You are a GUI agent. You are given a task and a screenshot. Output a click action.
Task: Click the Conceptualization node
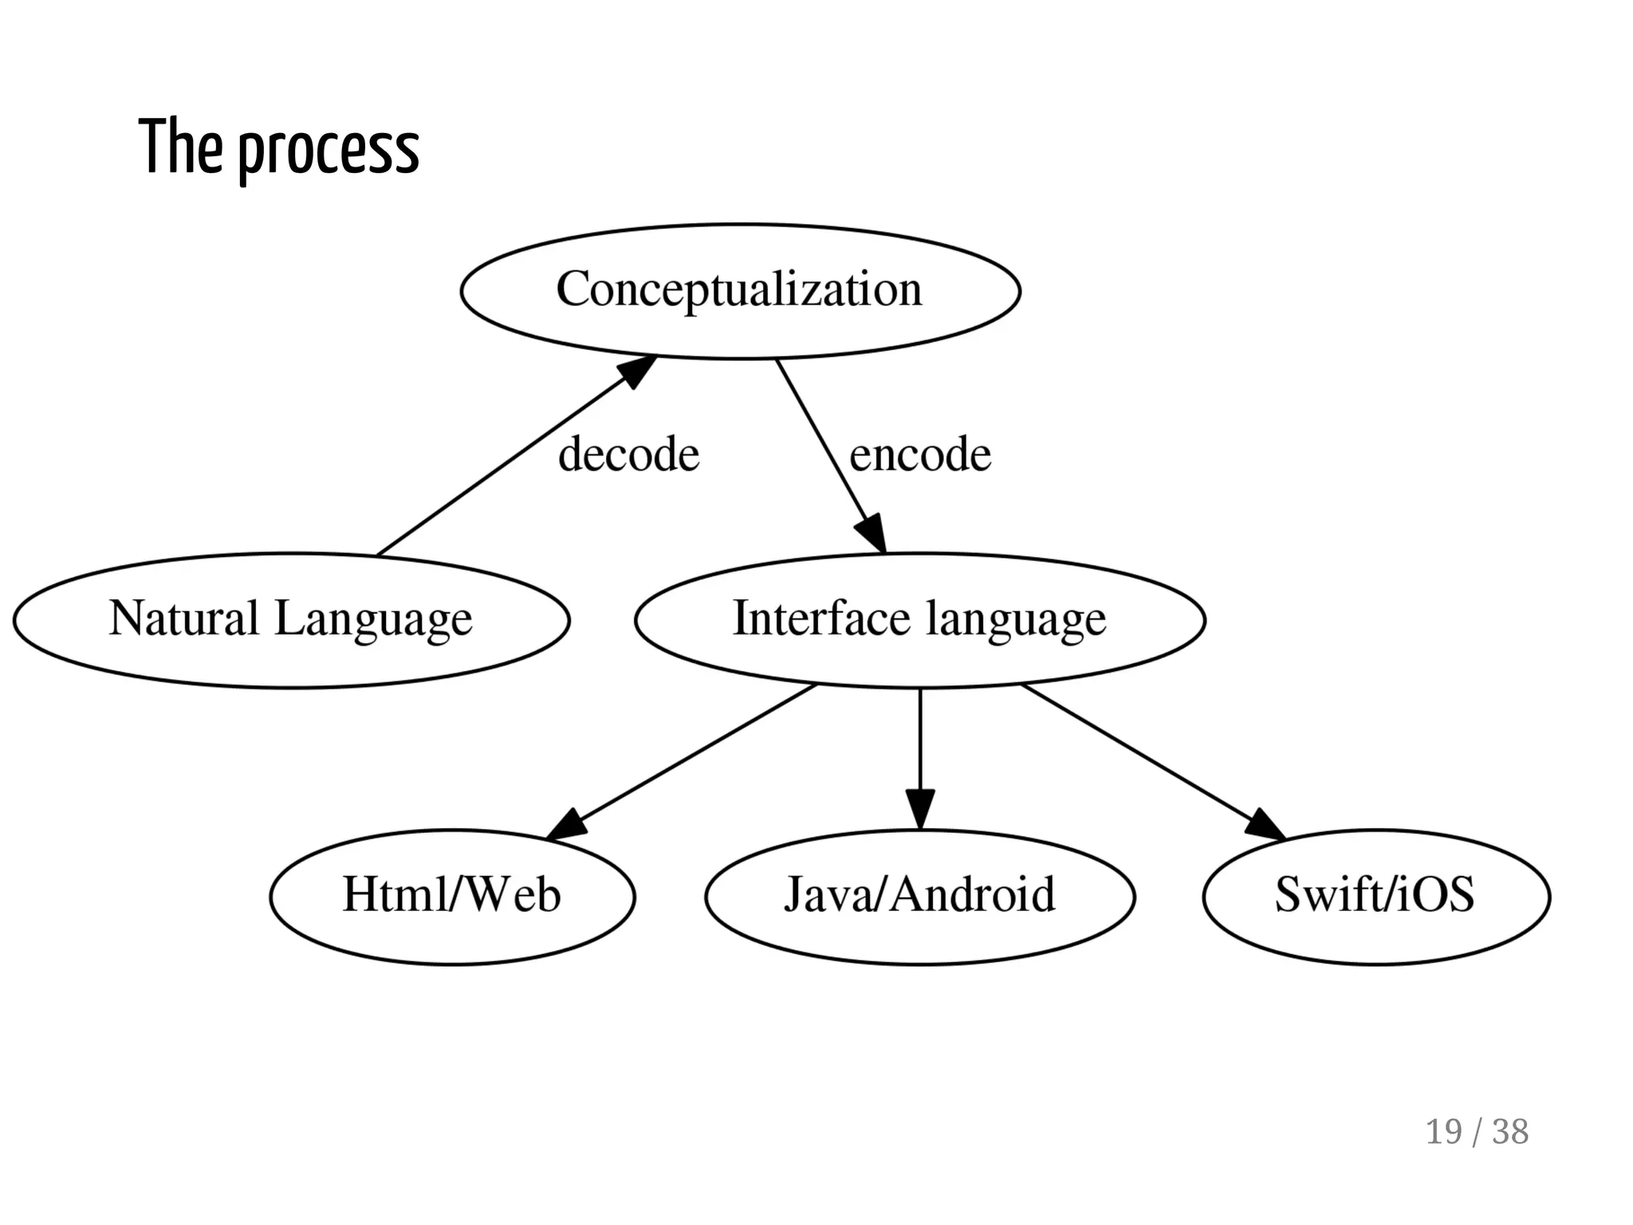(740, 291)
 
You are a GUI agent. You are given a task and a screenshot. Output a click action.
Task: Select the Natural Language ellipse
(291, 620)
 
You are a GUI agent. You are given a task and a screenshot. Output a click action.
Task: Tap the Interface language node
(919, 620)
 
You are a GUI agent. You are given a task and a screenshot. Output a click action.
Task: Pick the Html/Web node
(452, 896)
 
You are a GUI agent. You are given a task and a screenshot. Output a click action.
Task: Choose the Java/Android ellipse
(919, 896)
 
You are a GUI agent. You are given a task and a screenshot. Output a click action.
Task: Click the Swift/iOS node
(1375, 896)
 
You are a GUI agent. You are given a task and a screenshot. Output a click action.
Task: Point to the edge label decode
(628, 454)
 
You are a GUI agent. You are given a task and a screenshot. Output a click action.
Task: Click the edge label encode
(920, 454)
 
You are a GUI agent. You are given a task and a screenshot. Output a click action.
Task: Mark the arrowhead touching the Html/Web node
(568, 826)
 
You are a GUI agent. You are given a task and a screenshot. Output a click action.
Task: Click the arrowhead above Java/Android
(919, 808)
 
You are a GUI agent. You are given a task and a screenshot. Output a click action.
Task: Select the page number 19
(1443, 1132)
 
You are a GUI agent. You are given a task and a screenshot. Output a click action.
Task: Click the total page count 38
(1510, 1132)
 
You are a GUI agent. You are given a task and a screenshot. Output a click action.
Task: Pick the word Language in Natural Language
(373, 620)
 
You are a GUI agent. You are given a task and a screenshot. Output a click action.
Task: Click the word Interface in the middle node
(820, 618)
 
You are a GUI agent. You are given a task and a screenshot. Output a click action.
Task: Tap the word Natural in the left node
(183, 618)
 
